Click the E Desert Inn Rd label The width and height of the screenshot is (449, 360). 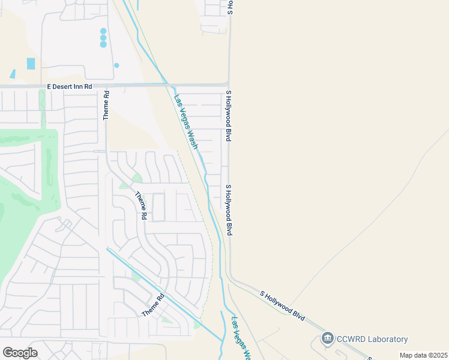point(70,87)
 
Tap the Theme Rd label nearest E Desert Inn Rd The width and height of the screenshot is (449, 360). point(106,106)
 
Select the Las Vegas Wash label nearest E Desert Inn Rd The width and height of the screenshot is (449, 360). point(186,122)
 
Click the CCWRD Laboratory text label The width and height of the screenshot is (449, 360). point(372,340)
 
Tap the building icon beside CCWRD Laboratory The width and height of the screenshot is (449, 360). point(328,339)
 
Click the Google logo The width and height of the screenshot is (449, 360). point(20,353)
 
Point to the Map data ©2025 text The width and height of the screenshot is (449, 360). point(423,355)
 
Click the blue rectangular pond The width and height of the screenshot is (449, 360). point(31,64)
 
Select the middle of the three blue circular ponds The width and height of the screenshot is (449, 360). point(103,38)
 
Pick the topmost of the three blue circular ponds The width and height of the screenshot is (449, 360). point(103,31)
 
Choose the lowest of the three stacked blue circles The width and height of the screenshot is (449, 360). point(103,44)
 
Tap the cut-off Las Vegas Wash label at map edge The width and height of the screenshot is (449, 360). point(241,338)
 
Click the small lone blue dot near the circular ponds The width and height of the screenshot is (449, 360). point(116,65)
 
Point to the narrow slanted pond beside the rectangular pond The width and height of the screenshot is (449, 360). point(13,74)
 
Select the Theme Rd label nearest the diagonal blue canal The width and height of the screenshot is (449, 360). point(153,305)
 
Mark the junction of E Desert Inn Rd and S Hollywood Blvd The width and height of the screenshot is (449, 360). point(228,86)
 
